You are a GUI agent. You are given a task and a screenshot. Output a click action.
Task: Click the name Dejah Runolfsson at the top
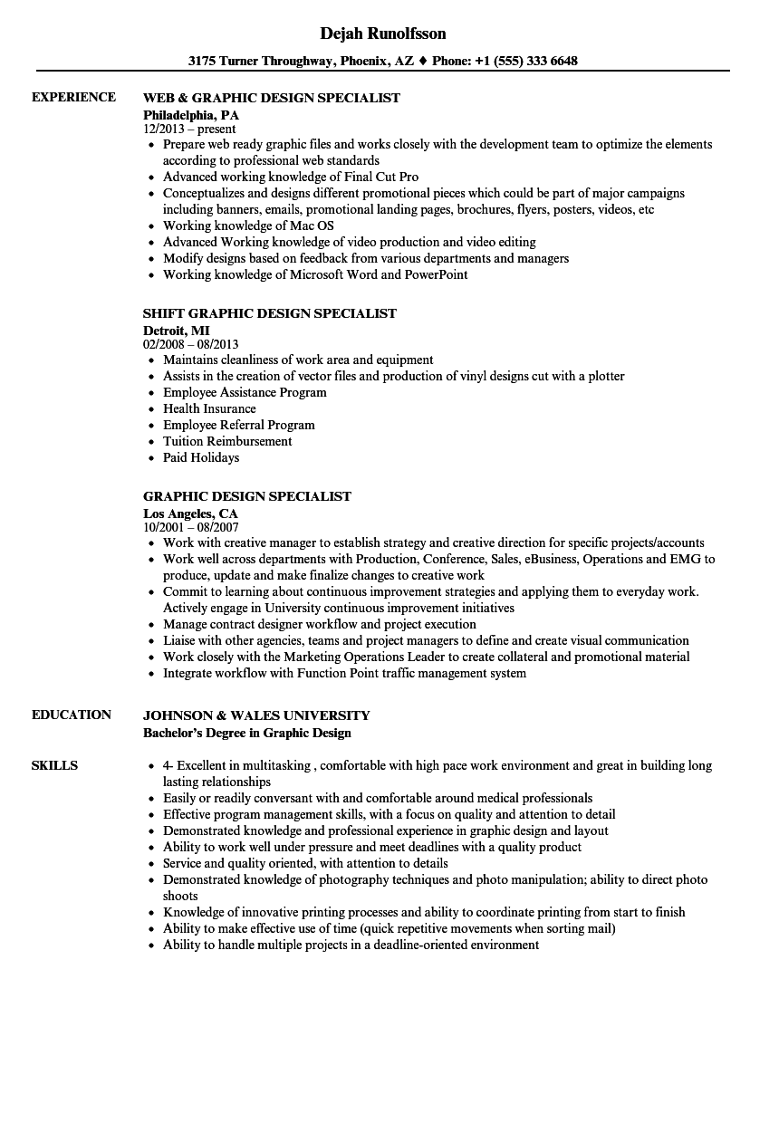click(383, 34)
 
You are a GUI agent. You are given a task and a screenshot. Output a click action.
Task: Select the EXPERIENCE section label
click(73, 98)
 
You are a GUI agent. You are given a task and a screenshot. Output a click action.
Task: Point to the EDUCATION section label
click(72, 715)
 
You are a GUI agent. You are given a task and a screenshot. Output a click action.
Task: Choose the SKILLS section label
click(54, 765)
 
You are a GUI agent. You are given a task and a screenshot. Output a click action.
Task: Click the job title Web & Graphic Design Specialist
click(272, 98)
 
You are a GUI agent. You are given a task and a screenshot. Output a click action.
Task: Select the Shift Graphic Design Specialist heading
click(270, 313)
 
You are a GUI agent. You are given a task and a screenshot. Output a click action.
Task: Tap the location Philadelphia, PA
click(191, 115)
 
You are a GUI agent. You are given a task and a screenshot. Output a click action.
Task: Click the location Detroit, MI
click(177, 331)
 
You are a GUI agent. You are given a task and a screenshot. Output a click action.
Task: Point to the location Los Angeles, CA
click(191, 514)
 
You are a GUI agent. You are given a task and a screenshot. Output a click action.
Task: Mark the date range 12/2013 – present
click(190, 129)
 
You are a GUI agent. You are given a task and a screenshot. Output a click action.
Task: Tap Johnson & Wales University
click(256, 715)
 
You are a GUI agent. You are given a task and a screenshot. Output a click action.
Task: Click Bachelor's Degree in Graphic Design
click(247, 733)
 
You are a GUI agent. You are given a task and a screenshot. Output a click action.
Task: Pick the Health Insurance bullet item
click(209, 408)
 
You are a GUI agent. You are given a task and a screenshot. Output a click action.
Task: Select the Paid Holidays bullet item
click(201, 457)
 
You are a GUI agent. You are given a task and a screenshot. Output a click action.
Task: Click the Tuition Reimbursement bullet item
click(227, 441)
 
